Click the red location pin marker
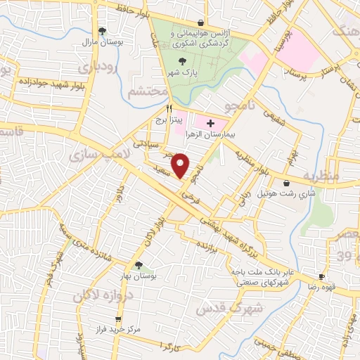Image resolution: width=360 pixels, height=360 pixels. click(181, 165)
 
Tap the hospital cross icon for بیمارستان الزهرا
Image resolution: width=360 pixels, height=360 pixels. click(210, 123)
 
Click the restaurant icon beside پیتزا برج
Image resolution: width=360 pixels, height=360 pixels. click(169, 110)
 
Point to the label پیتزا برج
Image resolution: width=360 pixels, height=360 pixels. click(169, 121)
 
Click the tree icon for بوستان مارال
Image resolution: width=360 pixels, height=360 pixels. click(103, 30)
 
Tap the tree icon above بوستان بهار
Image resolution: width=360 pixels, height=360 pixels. click(138, 265)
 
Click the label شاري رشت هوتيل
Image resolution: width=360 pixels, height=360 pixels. click(285, 193)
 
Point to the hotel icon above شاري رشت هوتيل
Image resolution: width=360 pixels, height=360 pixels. click(285, 183)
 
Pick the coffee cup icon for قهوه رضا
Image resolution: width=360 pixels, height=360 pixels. click(321, 278)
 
